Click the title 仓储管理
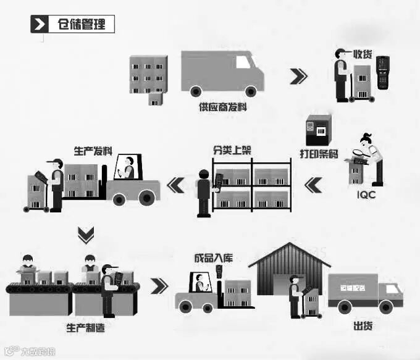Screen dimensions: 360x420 80,25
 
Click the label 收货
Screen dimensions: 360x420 362,54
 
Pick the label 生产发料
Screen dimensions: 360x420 93,150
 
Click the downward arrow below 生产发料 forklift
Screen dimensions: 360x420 86,235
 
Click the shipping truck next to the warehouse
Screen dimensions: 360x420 365,290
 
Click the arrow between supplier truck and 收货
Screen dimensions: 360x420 298,76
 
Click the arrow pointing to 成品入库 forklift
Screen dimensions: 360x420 159,286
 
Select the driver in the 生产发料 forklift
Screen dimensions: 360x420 129,167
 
